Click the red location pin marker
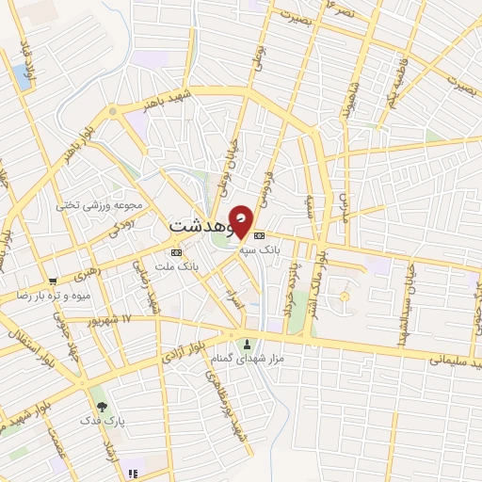241,220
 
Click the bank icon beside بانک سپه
260,236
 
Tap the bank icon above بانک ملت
176,253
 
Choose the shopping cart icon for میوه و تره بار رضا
54,281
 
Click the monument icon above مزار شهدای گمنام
247,344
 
